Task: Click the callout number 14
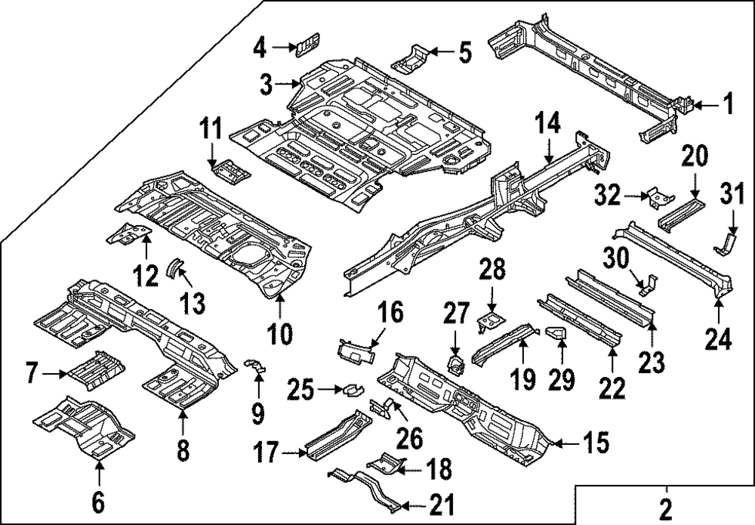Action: [550, 122]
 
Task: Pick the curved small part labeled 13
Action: [175, 267]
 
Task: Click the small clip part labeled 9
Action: [258, 366]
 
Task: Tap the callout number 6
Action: [99, 499]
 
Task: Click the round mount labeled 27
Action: [455, 362]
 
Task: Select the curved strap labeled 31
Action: [726, 243]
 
